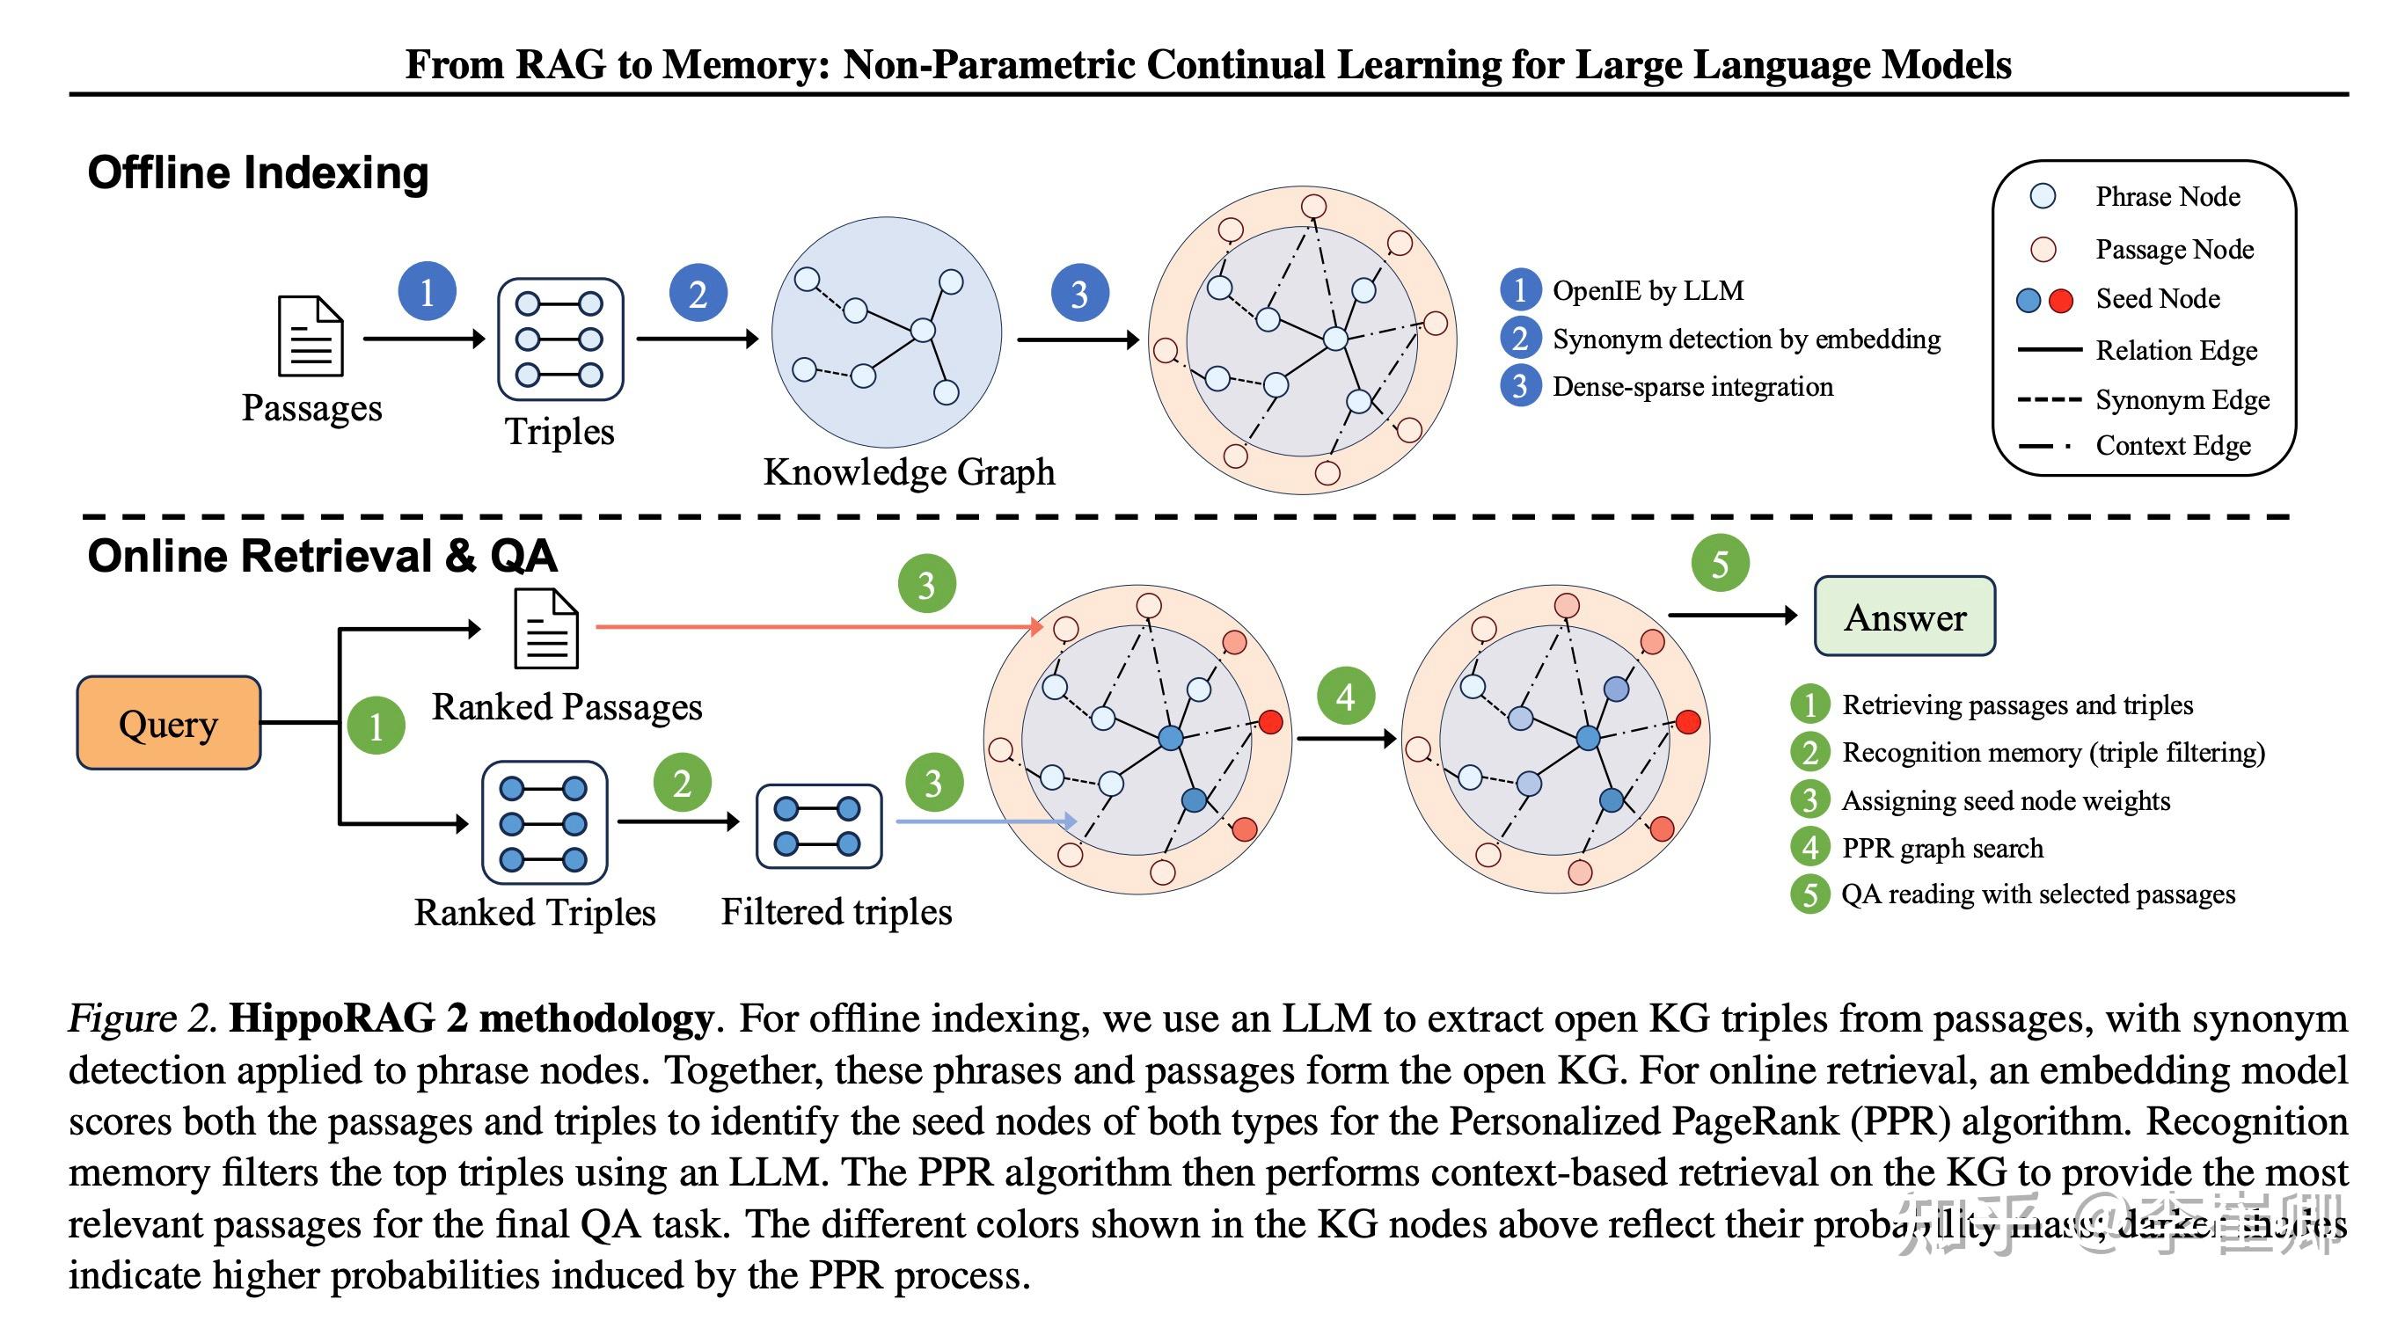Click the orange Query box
(169, 723)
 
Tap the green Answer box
(1904, 617)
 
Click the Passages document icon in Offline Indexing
(311, 336)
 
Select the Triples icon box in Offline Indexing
(560, 339)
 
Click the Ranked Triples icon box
(545, 822)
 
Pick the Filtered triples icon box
(818, 825)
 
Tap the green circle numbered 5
(1720, 563)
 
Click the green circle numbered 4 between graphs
(1345, 697)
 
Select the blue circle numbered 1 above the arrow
(427, 292)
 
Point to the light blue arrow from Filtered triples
(980, 821)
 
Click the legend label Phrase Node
(2167, 196)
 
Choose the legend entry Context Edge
(2173, 445)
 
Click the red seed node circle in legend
(2060, 300)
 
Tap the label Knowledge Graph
(909, 471)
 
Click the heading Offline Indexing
(258, 173)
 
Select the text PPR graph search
(1942, 848)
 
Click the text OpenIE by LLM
(1648, 290)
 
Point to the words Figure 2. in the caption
(142, 1018)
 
